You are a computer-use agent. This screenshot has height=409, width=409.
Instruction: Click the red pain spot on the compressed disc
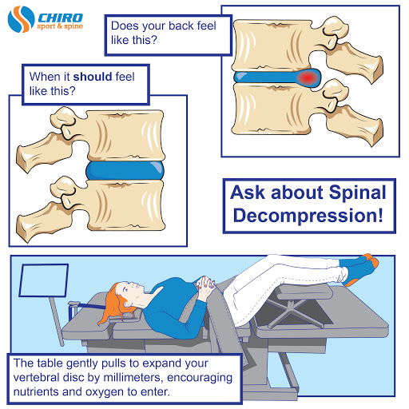[x=308, y=77]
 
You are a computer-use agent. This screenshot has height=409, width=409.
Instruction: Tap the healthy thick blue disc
[x=125, y=170]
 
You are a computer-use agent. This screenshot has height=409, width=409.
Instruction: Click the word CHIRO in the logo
[x=60, y=18]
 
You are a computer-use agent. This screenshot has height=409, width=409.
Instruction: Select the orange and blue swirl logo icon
[x=21, y=19]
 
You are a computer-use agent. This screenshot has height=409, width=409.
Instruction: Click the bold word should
[x=93, y=77]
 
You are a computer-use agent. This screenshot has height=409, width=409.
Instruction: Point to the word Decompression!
[x=308, y=215]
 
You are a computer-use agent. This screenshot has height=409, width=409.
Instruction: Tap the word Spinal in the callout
[x=357, y=193]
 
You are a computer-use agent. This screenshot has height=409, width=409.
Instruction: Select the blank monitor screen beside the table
[x=44, y=280]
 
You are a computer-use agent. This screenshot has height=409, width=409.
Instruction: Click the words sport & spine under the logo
[x=60, y=26]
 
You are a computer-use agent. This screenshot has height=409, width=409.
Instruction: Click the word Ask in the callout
[x=248, y=193]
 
